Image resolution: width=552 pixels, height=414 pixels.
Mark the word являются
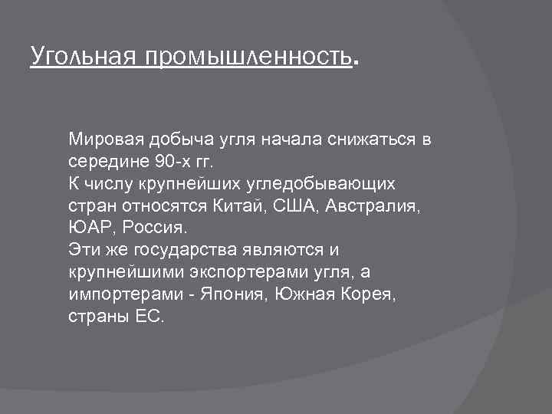coord(286,251)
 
